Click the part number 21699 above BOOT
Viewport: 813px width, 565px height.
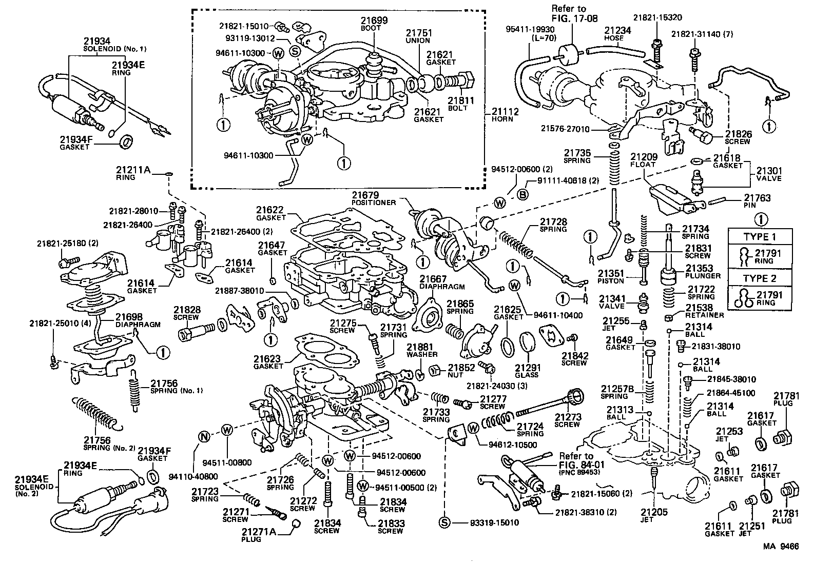click(374, 21)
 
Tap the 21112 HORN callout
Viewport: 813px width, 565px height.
click(505, 114)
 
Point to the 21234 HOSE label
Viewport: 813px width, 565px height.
click(617, 33)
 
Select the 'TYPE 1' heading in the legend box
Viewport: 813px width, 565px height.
click(760, 237)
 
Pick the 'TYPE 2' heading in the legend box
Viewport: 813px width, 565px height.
click(760, 278)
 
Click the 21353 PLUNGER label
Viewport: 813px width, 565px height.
click(703, 271)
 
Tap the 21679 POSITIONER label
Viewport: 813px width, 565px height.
click(373, 198)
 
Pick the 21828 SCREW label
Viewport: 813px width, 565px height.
click(187, 313)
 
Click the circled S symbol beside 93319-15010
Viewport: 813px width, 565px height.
click(444, 522)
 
